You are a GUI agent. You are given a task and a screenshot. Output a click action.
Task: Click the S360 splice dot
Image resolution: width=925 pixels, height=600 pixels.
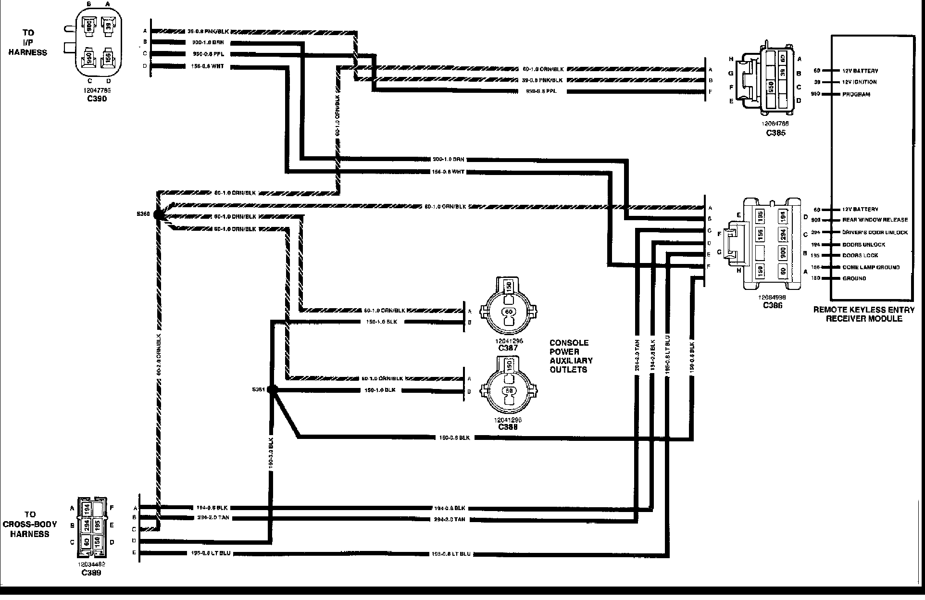159,214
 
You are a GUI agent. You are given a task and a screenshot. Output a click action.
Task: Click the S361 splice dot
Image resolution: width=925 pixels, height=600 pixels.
272,389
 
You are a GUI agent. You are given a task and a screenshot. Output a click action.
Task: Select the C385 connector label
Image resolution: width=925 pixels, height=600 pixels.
775,133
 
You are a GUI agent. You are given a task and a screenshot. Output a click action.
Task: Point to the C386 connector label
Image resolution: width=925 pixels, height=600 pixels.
772,305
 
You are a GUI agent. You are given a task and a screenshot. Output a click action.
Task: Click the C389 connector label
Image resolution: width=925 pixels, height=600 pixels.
91,573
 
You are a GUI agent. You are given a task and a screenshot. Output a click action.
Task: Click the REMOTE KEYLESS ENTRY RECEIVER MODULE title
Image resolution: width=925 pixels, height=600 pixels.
864,314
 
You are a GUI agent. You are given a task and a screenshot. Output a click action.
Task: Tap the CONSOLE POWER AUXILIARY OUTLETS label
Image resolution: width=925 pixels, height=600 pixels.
571,356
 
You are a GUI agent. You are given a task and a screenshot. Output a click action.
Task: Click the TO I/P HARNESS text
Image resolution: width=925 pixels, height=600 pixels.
28,42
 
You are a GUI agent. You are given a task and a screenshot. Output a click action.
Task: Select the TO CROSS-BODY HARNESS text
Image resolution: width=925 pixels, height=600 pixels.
30,524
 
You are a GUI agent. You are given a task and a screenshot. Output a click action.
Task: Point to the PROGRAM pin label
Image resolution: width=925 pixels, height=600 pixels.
856,94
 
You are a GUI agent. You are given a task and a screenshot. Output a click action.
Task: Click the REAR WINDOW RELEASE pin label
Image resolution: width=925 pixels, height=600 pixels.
875,220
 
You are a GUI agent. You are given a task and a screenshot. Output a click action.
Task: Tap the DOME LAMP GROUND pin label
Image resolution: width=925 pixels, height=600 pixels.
871,267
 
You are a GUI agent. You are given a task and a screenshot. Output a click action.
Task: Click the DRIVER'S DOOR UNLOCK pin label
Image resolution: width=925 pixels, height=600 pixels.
875,232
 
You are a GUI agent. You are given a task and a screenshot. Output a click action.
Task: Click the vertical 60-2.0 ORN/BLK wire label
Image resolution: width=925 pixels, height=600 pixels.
158,361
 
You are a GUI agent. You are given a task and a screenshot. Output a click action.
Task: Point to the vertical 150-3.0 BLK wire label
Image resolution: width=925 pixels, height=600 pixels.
271,452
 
